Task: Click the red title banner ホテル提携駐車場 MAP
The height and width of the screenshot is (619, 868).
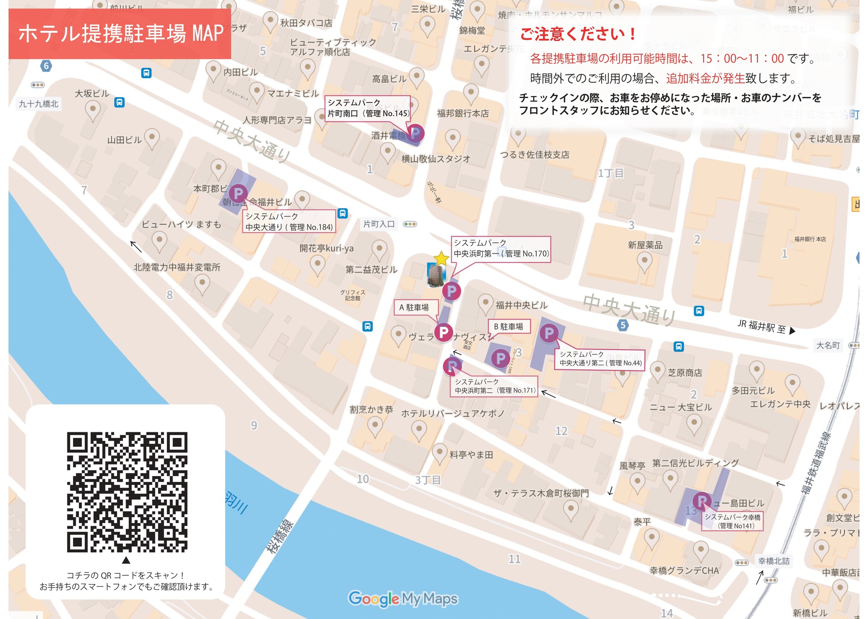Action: tap(119, 34)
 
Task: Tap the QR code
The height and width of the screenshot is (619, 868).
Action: tap(127, 492)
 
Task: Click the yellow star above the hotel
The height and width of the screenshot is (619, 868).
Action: tap(441, 258)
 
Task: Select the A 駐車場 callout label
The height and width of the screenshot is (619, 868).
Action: tap(415, 307)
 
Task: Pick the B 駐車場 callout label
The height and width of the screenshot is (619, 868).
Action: tap(508, 327)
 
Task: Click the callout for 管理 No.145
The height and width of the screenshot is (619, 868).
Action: tap(368, 108)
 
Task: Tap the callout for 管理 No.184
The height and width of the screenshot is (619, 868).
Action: tap(289, 221)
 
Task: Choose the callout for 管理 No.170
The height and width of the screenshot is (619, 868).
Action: tap(501, 248)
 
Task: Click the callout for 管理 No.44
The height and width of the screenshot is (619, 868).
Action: tap(600, 358)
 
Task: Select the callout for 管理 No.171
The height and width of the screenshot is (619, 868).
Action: tap(494, 386)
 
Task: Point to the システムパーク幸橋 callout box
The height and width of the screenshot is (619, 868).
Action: tap(732, 521)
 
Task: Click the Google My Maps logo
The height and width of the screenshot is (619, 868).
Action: tap(403, 599)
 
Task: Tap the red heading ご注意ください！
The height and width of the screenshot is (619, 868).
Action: tap(578, 34)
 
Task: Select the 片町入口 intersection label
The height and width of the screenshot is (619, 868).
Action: tap(379, 224)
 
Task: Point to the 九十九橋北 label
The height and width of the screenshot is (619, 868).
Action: tap(38, 104)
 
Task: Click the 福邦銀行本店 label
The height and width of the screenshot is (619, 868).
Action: tap(463, 113)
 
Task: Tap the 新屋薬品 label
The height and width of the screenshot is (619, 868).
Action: tap(645, 245)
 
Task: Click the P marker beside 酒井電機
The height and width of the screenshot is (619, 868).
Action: tap(415, 133)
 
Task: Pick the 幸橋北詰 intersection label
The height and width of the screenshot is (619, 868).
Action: tap(773, 561)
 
